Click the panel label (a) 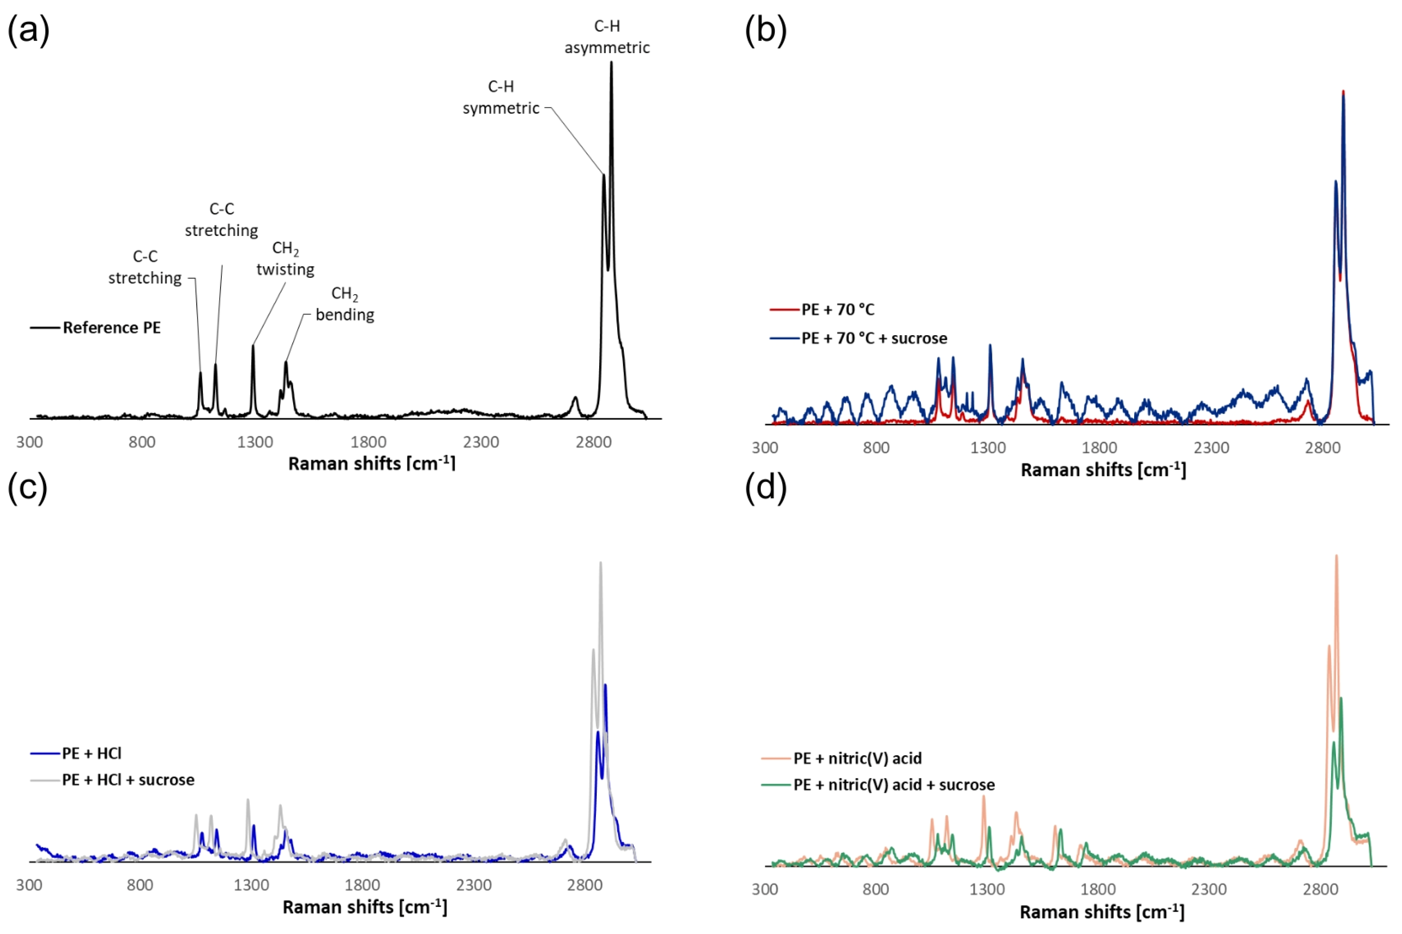(28, 30)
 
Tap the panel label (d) (765, 487)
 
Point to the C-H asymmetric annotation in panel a (607, 37)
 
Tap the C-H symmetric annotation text (501, 97)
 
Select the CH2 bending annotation (345, 304)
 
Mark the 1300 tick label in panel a (255, 442)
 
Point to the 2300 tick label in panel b (1212, 447)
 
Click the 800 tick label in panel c (139, 885)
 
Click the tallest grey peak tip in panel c (600, 562)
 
